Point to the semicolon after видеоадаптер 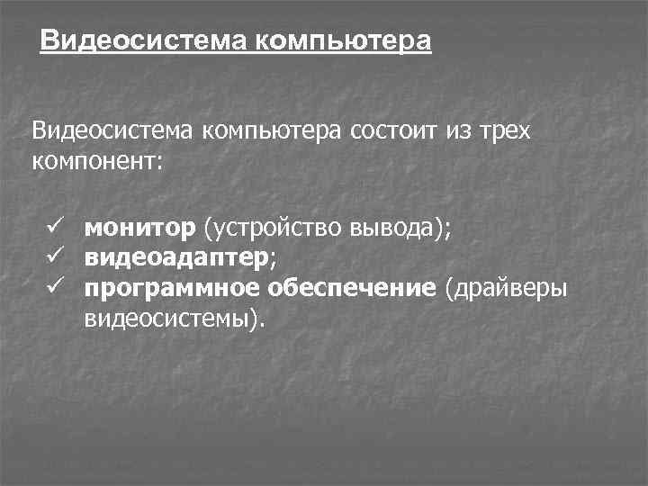click(272, 261)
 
